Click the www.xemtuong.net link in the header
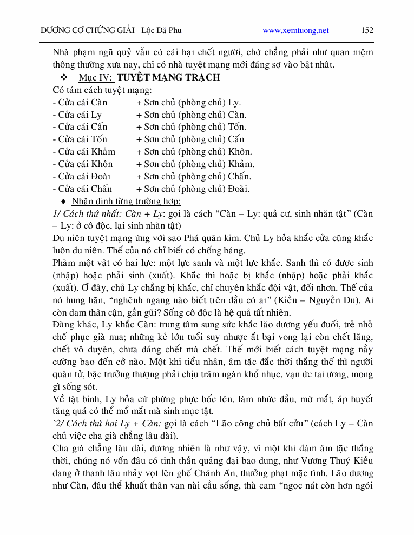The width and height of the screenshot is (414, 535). [x=295, y=31]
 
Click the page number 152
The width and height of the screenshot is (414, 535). [x=367, y=31]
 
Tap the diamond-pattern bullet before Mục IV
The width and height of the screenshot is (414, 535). [x=64, y=77]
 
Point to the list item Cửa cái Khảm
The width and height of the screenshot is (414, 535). [x=84, y=152]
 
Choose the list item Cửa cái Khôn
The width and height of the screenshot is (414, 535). [x=83, y=164]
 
